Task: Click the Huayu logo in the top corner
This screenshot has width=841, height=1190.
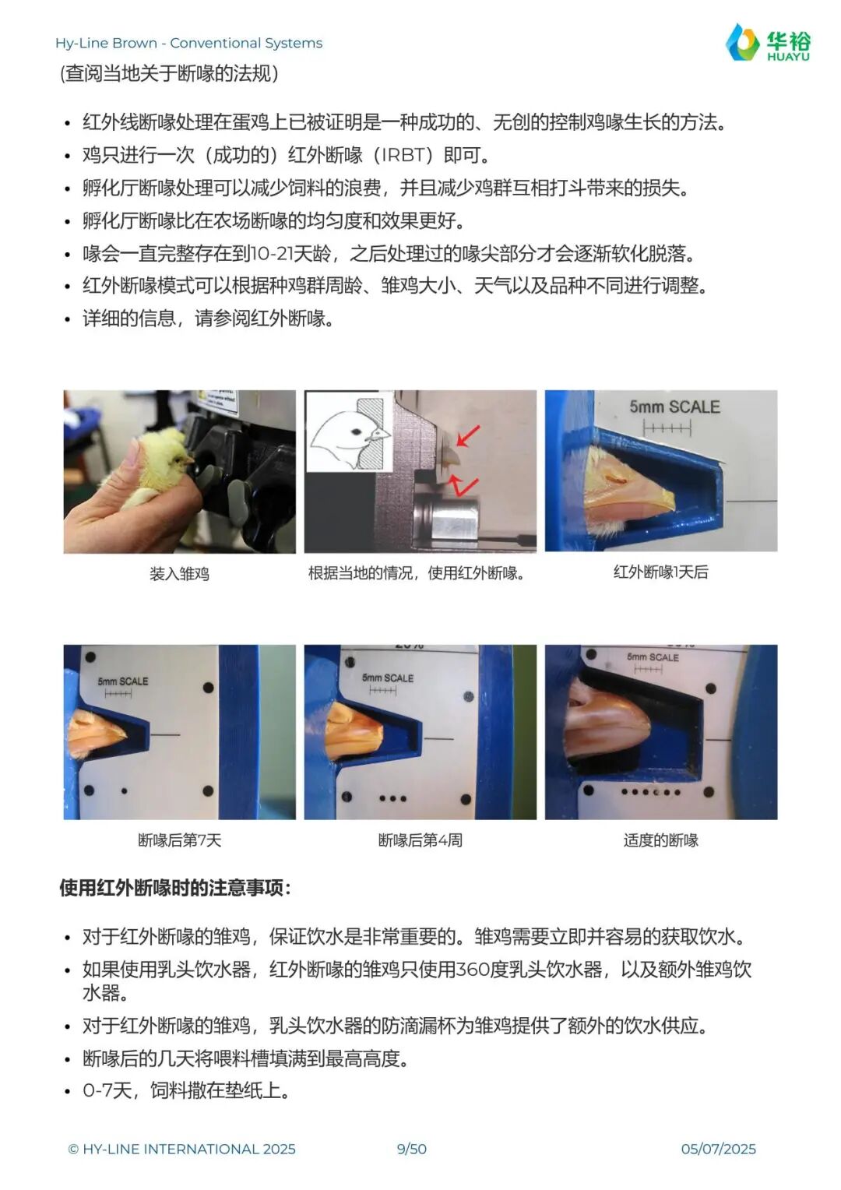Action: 769,42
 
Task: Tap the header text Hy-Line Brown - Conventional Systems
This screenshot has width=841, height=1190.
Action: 188,43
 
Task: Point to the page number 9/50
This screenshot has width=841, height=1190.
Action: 412,1149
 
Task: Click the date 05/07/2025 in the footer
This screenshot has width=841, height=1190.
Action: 718,1149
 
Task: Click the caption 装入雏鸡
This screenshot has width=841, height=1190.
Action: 179,574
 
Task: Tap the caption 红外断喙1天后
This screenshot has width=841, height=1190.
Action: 661,572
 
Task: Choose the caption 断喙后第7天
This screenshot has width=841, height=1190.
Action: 180,840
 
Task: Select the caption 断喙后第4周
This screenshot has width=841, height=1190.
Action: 420,840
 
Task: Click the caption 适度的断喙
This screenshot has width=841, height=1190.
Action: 661,840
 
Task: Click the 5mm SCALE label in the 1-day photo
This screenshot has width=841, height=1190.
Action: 674,407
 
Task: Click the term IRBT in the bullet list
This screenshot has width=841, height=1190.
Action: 405,155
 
